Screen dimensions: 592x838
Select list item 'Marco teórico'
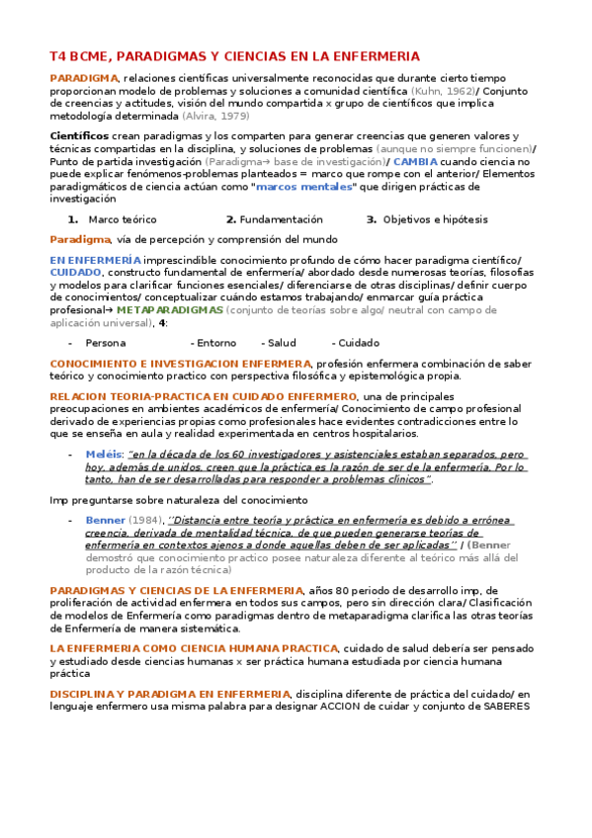pos(122,218)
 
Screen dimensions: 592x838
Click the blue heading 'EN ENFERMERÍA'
pos(96,259)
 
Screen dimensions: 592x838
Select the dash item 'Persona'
pos(105,343)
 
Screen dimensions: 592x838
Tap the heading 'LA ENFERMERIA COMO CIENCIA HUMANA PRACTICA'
pos(179,647)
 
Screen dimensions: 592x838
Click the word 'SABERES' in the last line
pos(500,706)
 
